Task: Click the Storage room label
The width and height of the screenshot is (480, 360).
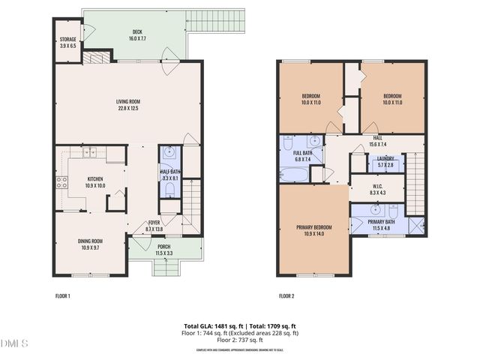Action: point(67,40)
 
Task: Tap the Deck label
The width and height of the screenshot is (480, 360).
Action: point(137,31)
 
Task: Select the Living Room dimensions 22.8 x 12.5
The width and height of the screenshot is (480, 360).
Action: point(129,108)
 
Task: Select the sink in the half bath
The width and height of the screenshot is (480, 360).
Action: point(170,153)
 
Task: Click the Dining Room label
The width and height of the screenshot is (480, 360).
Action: point(90,241)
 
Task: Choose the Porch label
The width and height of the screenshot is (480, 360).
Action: point(163,246)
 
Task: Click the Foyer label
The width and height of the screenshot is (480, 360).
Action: point(154,222)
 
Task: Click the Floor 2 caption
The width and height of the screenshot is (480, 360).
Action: point(287,295)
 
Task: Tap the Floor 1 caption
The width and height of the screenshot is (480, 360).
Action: point(63,295)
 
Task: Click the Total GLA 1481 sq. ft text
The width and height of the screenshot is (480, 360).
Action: point(213,325)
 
